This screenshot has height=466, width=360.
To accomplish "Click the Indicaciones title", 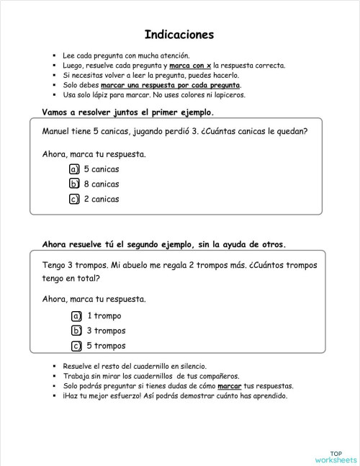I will click(x=179, y=34).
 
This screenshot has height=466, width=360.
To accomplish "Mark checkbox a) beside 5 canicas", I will click(x=73, y=169).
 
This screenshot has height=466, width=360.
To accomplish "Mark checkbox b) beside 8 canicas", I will click(x=73, y=184).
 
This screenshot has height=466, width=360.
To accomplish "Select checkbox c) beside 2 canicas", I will click(x=73, y=200).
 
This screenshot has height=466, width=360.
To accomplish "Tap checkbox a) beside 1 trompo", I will click(x=76, y=316).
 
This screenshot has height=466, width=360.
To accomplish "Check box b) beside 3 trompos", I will click(x=76, y=331).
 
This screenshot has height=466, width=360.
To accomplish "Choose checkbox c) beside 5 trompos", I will click(x=76, y=346).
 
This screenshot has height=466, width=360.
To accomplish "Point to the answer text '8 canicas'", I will click(x=102, y=184).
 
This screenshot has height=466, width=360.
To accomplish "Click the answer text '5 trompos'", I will click(x=107, y=346).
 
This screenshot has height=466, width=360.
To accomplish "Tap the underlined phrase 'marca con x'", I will click(x=191, y=65).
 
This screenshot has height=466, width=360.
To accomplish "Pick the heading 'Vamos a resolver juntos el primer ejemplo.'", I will click(x=128, y=112).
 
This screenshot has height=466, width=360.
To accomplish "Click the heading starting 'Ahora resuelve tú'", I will click(x=164, y=243).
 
